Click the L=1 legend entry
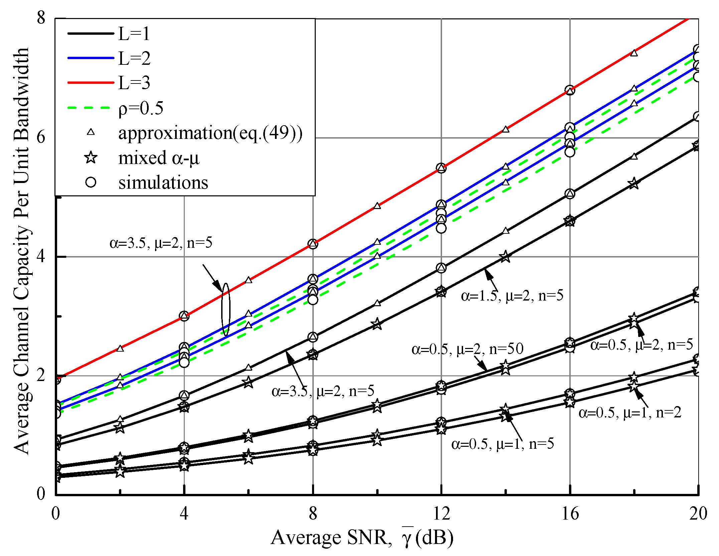coord(134,34)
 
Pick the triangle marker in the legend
coord(91,132)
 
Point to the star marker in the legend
coord(91,157)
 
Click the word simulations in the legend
coord(163,182)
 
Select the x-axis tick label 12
coord(441,514)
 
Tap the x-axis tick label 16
coord(570,514)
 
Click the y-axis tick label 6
coord(41,137)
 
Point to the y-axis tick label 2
coord(41,375)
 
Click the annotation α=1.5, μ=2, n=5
coord(512,296)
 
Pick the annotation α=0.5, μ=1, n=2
coord(629,413)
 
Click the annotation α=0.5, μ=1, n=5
coord(502,444)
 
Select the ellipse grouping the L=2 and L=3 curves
coord(226,310)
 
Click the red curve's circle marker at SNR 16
coord(570,90)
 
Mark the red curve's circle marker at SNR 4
coord(184,316)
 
